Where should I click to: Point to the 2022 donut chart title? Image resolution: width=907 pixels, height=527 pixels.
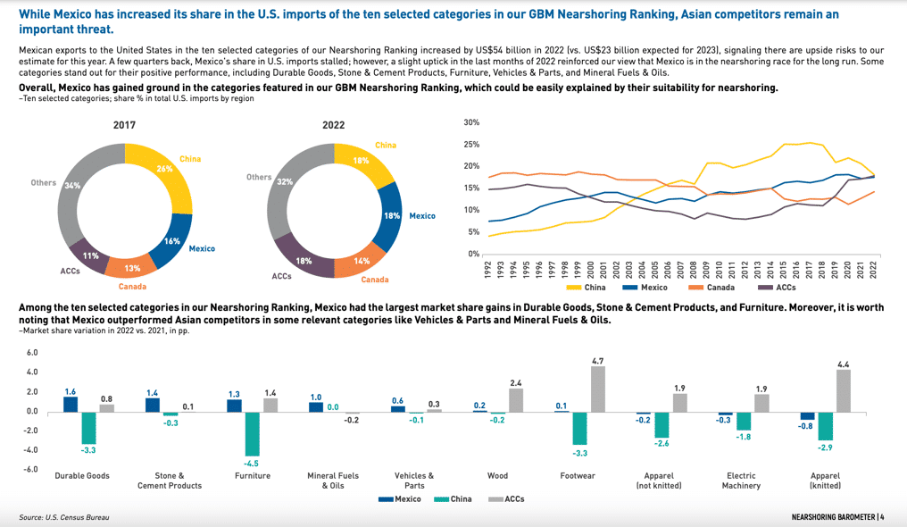click(x=333, y=125)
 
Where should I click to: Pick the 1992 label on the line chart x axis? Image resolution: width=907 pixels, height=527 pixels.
click(x=488, y=269)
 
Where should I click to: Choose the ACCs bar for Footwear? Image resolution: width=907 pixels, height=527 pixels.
click(x=597, y=389)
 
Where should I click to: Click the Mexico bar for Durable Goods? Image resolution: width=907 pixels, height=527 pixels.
click(x=71, y=404)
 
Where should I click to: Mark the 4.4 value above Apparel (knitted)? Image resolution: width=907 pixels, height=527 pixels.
click(x=843, y=364)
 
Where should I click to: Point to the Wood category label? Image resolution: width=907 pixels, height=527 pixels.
click(x=497, y=476)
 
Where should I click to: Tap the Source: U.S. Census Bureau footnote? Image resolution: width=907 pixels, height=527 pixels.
click(x=60, y=518)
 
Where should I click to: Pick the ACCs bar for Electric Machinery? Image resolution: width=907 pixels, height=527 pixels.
click(x=761, y=403)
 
